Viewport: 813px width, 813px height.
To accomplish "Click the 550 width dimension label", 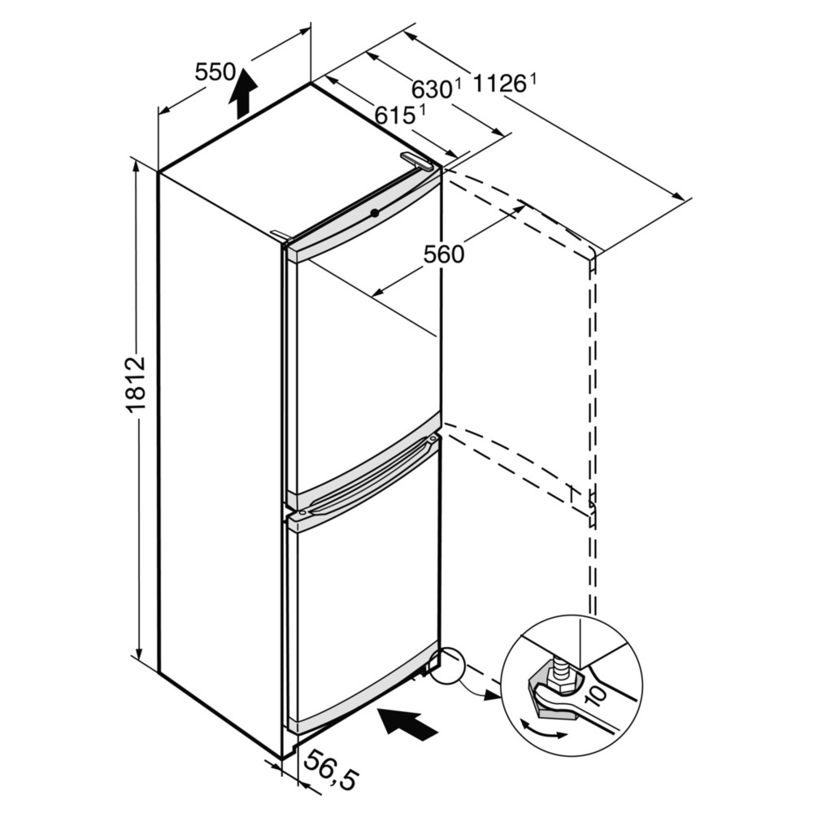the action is pyautogui.click(x=215, y=72).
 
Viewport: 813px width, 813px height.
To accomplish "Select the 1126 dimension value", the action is pyautogui.click(x=499, y=83).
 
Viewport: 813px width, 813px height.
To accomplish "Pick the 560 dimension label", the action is pyautogui.click(x=444, y=254).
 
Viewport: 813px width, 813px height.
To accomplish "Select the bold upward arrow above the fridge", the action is pyautogui.click(x=242, y=93).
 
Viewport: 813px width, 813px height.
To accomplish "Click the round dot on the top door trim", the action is pyautogui.click(x=375, y=212).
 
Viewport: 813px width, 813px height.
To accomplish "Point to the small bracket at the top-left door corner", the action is pyautogui.click(x=281, y=236).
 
